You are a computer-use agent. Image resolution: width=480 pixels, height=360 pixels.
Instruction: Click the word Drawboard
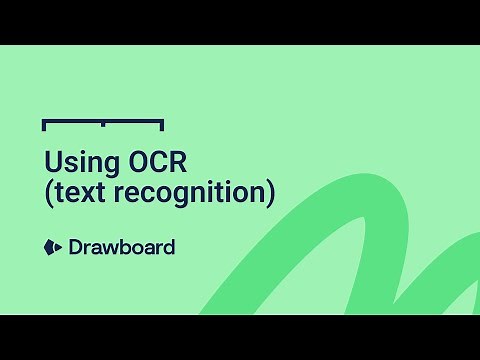[121, 246]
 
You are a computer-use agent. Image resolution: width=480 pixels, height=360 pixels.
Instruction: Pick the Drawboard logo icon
[52, 246]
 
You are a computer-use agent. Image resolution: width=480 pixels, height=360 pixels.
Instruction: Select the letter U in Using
[52, 162]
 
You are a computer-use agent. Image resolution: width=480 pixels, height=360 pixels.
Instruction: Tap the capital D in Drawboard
[75, 246]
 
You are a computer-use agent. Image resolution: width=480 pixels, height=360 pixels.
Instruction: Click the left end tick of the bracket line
[44, 125]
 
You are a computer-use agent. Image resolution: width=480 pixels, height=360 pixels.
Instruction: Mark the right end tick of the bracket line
[162, 125]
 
